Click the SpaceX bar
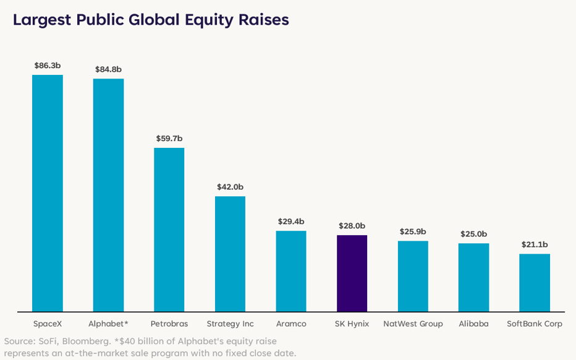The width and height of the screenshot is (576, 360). (48, 193)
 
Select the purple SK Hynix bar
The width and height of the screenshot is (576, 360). (352, 273)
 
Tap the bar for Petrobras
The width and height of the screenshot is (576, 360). (169, 230)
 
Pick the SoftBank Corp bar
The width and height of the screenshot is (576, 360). (535, 283)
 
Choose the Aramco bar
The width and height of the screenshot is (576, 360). (291, 272)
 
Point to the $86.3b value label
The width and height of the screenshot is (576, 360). (48, 66)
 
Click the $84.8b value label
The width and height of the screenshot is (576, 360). (108, 69)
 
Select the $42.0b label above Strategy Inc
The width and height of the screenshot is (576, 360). (230, 187)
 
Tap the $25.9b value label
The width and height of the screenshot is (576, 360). (413, 232)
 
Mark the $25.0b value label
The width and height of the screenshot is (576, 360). (474, 234)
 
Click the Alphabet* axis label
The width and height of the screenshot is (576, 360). (108, 324)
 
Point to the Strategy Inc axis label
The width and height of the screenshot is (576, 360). (231, 324)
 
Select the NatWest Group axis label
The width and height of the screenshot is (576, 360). (413, 324)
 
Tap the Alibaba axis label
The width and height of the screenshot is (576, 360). (474, 324)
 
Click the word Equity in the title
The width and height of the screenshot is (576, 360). (209, 20)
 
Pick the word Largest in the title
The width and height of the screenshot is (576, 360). (42, 20)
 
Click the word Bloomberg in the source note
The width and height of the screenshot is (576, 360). (87, 341)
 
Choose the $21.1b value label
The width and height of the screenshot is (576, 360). (535, 244)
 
